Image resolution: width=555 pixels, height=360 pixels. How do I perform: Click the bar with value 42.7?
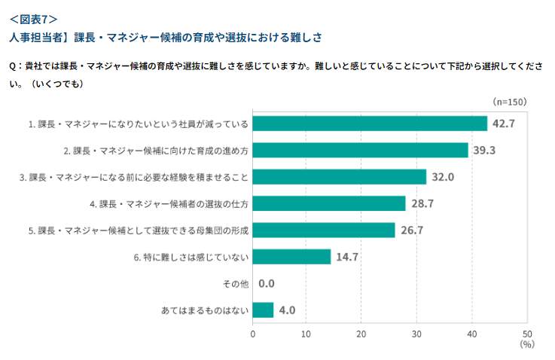370,124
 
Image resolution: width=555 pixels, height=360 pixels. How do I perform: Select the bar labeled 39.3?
360,150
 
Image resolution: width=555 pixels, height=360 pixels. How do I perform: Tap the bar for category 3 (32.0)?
340,177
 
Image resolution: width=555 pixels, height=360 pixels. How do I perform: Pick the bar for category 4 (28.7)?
329,203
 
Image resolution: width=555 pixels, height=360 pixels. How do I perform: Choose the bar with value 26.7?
324,230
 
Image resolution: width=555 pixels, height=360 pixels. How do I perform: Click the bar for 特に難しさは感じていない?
291,257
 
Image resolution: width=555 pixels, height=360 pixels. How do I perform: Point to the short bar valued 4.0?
263,310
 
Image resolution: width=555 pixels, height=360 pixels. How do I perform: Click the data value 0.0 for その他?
267,284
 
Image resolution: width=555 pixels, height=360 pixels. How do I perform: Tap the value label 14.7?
347,257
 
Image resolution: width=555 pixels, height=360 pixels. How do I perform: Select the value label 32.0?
442,177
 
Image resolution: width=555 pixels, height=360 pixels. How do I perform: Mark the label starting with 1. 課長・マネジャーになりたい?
139,124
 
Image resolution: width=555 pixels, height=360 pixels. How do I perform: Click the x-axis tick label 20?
362,334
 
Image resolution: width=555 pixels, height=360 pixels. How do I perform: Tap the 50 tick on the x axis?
527,334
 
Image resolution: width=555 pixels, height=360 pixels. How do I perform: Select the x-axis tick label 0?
253,334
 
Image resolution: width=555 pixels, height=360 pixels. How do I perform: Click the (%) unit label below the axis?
526,344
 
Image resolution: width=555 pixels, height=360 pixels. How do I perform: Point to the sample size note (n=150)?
509,102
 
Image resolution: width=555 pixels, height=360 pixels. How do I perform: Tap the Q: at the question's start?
15,66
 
